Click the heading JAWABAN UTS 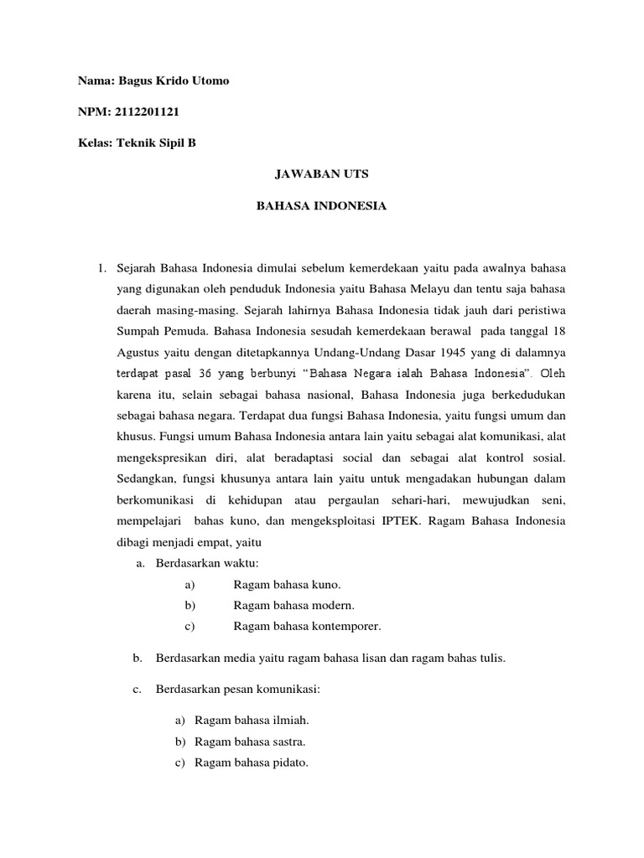point(321,174)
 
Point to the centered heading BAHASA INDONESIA point(321,205)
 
